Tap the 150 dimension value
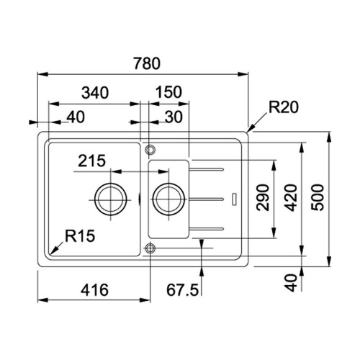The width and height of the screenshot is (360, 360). point(168,92)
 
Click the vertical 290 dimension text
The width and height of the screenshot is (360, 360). point(263,197)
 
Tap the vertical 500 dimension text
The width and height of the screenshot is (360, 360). point(318,197)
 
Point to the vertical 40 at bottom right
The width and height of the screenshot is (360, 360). point(289,282)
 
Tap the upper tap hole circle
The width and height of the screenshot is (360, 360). point(150,150)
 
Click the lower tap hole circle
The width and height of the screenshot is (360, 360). point(150,248)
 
